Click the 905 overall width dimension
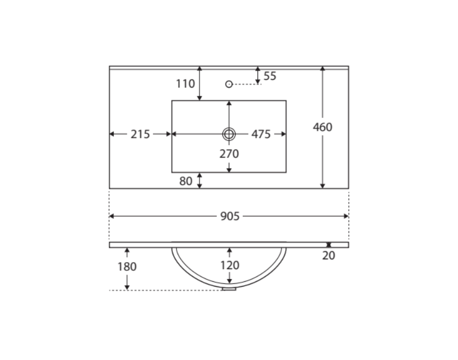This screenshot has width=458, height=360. pos(230,217)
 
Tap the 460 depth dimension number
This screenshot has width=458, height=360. pos(322,127)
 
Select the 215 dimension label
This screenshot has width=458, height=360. pos(140,134)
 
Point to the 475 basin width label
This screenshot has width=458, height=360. pos(261,134)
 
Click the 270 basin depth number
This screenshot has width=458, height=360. pos(230,154)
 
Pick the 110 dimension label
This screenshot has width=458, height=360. pos(185,84)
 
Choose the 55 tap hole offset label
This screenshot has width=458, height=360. pos(270,76)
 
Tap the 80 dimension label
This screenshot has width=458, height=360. pos(186,181)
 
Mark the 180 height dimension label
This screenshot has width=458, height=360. pos(127,266)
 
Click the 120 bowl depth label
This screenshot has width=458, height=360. pos(230,265)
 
